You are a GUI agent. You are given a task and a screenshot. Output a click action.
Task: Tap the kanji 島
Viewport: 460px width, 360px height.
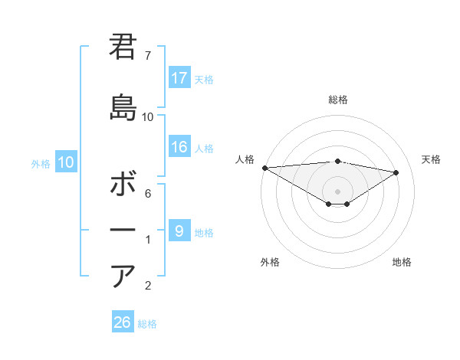[x=123, y=108]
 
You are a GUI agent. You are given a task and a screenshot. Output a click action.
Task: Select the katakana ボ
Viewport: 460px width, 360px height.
[x=123, y=185]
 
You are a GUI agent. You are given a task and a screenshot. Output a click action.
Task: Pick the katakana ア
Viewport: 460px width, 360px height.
[x=123, y=276]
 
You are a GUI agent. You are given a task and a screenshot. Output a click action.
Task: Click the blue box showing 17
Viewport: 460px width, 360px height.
[x=179, y=78]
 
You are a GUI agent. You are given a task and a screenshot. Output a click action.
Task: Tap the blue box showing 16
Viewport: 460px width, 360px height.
[x=179, y=148]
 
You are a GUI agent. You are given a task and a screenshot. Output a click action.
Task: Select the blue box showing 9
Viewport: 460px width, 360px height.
[x=179, y=231]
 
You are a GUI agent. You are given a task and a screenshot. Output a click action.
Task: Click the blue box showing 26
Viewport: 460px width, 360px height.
[x=123, y=322]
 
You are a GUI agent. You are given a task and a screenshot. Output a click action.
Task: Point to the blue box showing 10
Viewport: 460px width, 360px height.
[x=66, y=162]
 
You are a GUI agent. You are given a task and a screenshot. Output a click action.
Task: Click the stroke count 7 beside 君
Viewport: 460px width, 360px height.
[x=148, y=56]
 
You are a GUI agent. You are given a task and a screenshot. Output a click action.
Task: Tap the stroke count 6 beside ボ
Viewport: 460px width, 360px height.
[x=148, y=194]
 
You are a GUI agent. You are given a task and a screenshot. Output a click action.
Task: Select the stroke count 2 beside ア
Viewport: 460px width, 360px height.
[x=148, y=286]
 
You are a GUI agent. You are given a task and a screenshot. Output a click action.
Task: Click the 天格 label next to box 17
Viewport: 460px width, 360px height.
[x=204, y=79]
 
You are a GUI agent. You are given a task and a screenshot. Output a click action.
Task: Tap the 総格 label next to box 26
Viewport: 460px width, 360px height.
[x=147, y=323]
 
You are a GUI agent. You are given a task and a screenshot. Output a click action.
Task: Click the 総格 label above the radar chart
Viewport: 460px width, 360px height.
[x=337, y=100]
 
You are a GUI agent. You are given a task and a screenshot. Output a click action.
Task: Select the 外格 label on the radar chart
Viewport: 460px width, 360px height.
[x=270, y=262]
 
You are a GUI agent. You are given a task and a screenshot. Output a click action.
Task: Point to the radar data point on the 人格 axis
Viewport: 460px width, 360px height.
[x=264, y=167]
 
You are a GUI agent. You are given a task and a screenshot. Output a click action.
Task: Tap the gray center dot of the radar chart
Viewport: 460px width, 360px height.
[x=337, y=190]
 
